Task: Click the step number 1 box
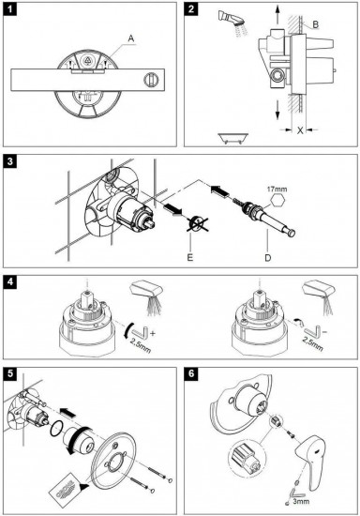(10, 8)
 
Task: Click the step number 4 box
(10, 282)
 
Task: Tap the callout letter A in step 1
(131, 38)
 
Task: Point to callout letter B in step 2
(315, 24)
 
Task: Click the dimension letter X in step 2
(300, 130)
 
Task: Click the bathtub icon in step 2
(233, 138)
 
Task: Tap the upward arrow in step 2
(277, 15)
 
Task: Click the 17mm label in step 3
(277, 189)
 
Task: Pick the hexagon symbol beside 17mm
(278, 200)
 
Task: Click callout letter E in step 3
(190, 257)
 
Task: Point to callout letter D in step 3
(267, 257)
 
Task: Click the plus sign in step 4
(152, 334)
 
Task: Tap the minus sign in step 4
(324, 332)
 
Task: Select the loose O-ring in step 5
(57, 429)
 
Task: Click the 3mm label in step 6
(301, 502)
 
